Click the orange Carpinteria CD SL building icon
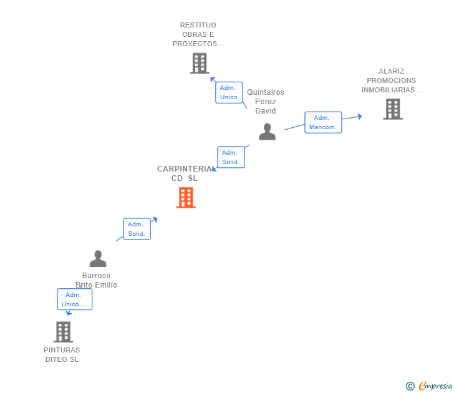(186, 198)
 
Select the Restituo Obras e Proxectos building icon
(199, 63)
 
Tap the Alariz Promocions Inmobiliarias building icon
(392, 109)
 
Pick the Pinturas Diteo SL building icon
(63, 332)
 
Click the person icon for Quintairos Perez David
(267, 132)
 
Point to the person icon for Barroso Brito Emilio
(98, 259)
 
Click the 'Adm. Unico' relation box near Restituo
(229, 92)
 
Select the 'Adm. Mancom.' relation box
(323, 122)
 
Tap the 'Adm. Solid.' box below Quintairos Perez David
(230, 157)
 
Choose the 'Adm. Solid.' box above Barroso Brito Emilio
(137, 229)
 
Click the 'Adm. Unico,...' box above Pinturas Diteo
(74, 299)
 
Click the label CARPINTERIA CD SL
(185, 173)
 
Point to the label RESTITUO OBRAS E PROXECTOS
(198, 35)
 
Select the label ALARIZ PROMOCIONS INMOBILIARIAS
(392, 80)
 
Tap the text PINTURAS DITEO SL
(62, 354)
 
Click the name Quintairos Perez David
(266, 101)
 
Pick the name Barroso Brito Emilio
(97, 280)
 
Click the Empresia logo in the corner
(435, 386)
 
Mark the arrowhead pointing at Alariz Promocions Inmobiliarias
(359, 116)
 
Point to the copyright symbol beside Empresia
(410, 386)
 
